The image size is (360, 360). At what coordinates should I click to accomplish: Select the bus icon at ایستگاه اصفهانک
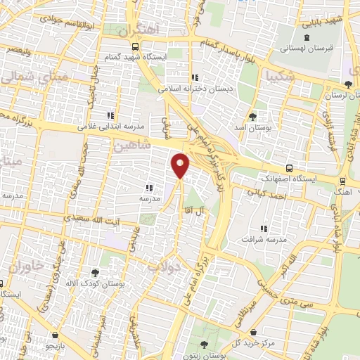coord(289,168)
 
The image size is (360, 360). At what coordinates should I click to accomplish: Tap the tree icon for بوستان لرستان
coord(329,85)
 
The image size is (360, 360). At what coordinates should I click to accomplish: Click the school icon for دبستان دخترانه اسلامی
coord(195,78)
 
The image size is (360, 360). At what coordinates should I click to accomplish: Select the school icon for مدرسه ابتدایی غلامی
coord(110,115)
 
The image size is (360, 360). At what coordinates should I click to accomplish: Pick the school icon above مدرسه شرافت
coord(264,229)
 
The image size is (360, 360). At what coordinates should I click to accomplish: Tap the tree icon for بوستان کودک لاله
coord(96,271)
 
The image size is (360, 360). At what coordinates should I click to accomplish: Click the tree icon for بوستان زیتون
coord(204,345)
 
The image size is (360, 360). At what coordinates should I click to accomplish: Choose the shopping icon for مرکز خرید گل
coord(262,333)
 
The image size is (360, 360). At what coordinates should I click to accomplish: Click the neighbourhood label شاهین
coord(127,144)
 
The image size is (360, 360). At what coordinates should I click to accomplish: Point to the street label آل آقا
coord(211,211)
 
